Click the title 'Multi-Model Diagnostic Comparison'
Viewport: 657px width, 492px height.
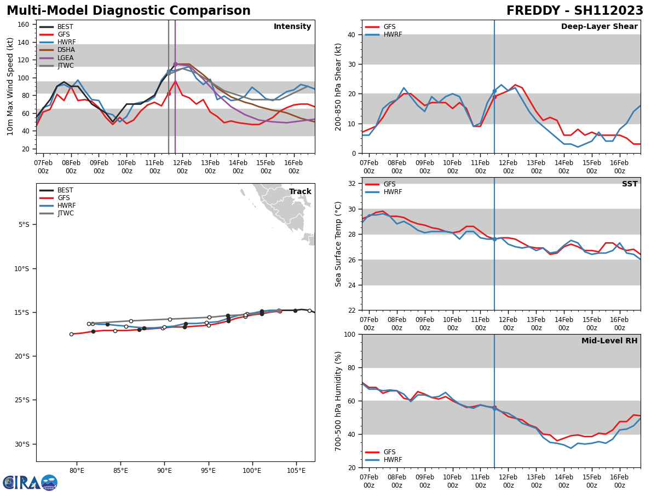(x=129, y=11)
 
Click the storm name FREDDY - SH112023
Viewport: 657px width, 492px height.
(x=574, y=11)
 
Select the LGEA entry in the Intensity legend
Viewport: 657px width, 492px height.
(x=65, y=58)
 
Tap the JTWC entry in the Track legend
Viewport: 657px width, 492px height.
(x=66, y=214)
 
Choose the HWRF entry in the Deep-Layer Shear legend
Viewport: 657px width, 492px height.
(x=392, y=34)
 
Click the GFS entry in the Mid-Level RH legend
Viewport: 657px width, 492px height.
(x=389, y=452)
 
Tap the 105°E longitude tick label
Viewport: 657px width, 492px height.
(x=296, y=471)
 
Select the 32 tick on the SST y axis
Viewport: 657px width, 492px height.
(x=352, y=184)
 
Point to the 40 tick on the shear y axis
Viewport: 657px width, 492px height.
(x=352, y=34)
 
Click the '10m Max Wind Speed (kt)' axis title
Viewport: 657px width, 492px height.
(x=10, y=86)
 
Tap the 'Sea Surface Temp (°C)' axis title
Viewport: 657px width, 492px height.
(x=338, y=244)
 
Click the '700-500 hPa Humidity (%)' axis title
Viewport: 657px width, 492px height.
(x=338, y=401)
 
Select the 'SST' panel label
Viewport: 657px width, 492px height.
(x=629, y=184)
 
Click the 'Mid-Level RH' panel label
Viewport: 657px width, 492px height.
(x=609, y=341)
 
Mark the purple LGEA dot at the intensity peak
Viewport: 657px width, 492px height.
(x=175, y=64)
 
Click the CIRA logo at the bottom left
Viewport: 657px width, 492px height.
(x=30, y=483)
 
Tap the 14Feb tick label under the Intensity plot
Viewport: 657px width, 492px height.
(x=238, y=167)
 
